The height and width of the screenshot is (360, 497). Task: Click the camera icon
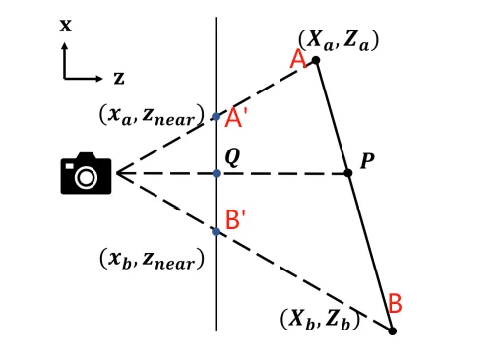point(86,173)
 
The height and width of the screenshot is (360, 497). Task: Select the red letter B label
point(394,303)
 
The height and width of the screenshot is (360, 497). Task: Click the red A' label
point(236,118)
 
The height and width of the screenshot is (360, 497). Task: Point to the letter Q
point(232,154)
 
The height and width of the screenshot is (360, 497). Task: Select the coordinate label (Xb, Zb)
point(320,319)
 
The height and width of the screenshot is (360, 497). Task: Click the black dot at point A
point(316,61)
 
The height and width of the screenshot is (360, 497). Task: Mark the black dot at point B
point(392,330)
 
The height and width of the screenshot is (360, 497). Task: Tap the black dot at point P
point(347,173)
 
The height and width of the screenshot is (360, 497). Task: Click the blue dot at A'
point(217,117)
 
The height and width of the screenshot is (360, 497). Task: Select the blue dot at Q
point(217,173)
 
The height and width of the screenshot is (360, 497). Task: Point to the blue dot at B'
point(217,231)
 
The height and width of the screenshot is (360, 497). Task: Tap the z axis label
point(118,77)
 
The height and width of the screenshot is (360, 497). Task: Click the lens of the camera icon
point(86,177)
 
